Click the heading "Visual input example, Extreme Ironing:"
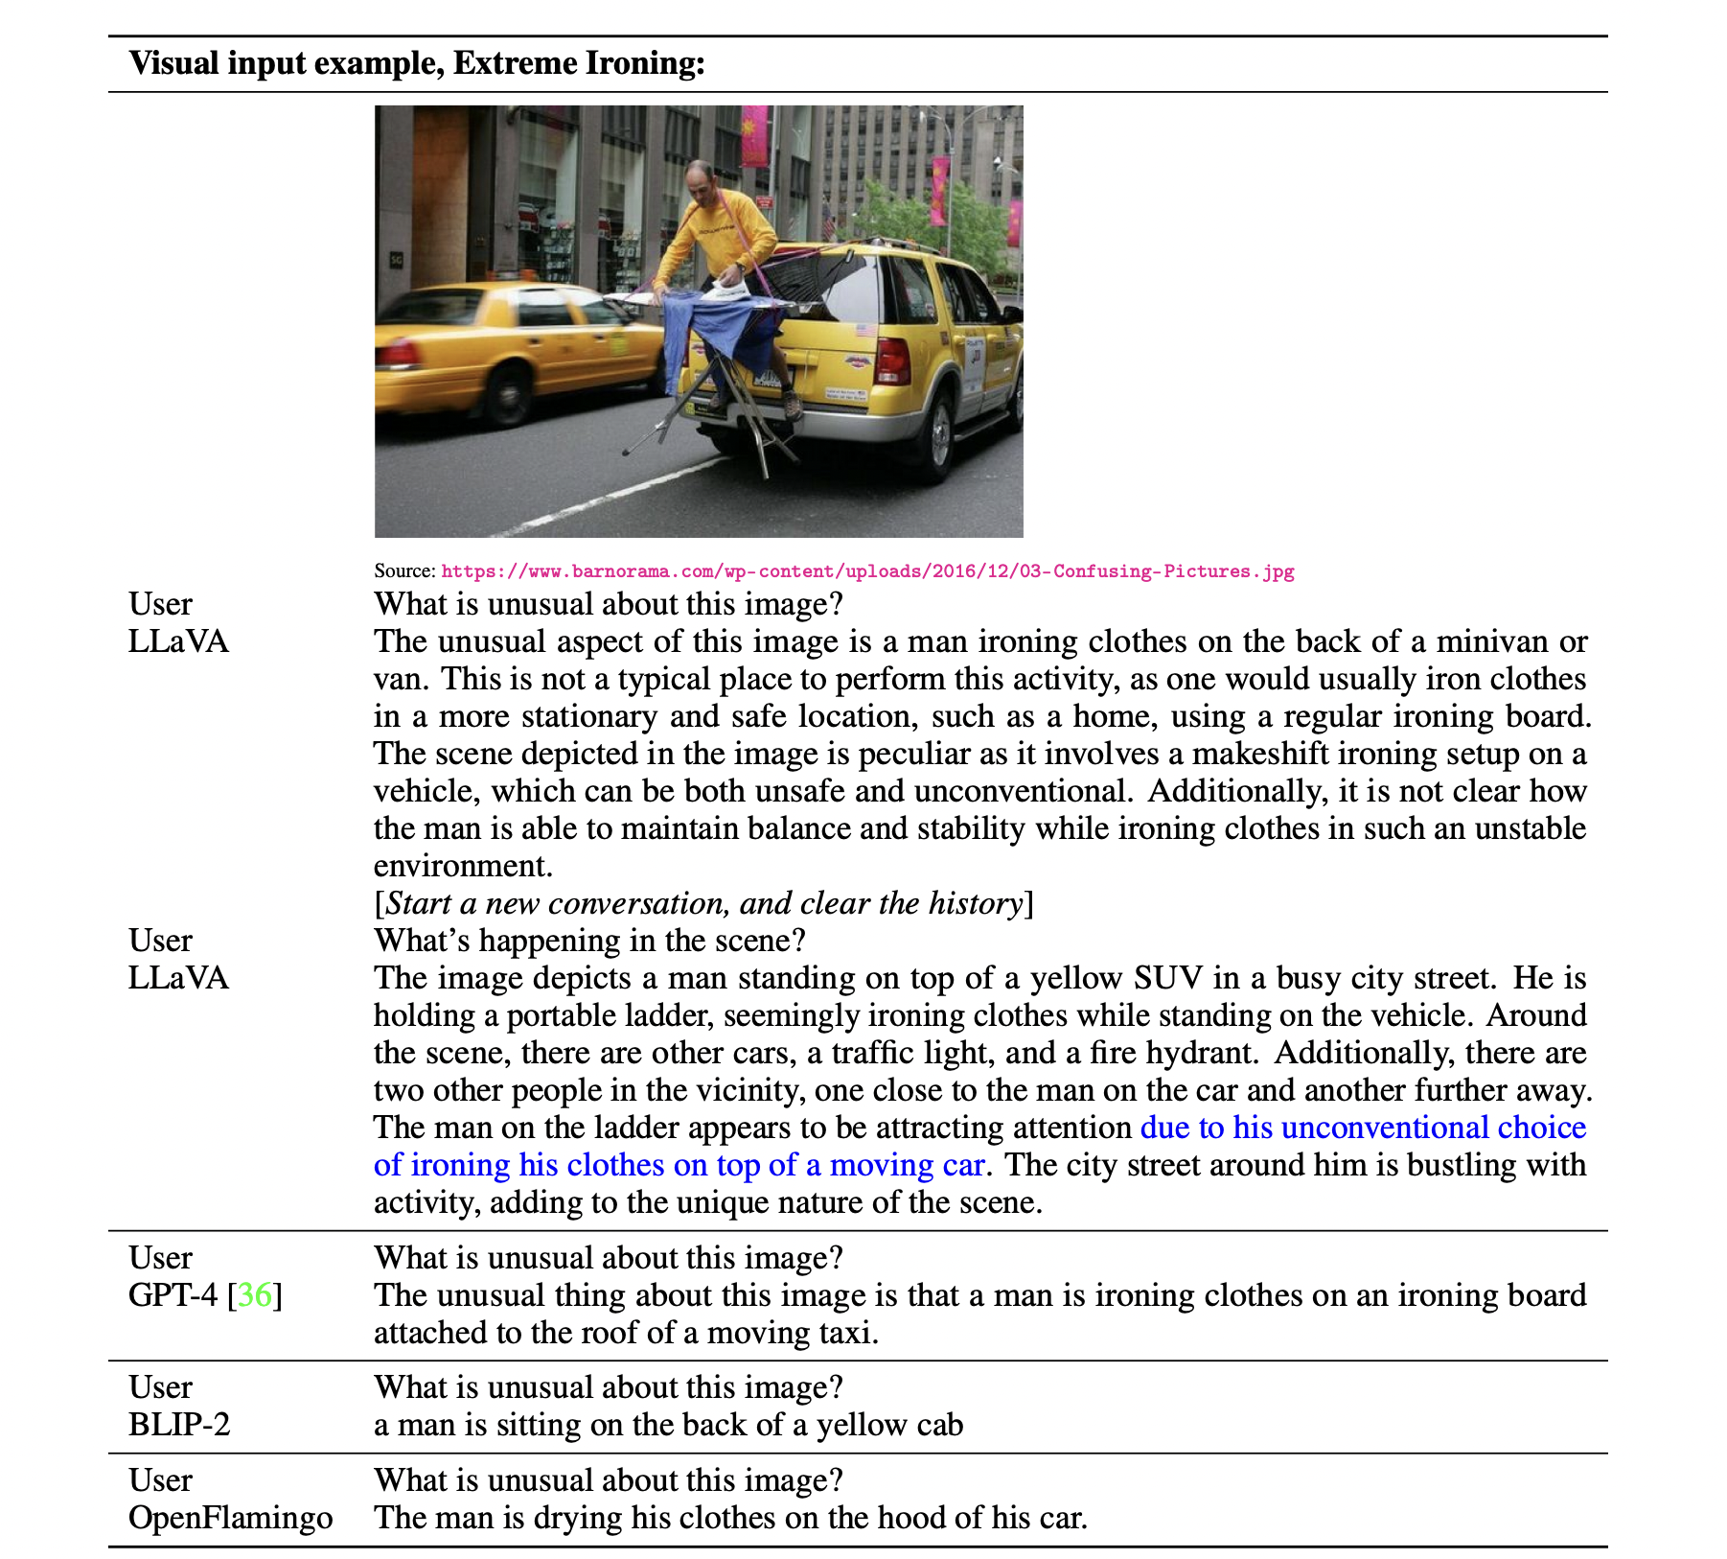(417, 63)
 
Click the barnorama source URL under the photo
(867, 571)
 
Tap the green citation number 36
(255, 1295)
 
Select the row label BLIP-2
(179, 1425)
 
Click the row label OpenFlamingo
(230, 1518)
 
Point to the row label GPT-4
(173, 1295)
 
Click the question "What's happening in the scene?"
(589, 941)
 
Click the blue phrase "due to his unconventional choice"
(1363, 1128)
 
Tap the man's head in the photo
(701, 179)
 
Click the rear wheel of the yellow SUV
(936, 436)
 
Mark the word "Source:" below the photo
(404, 571)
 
